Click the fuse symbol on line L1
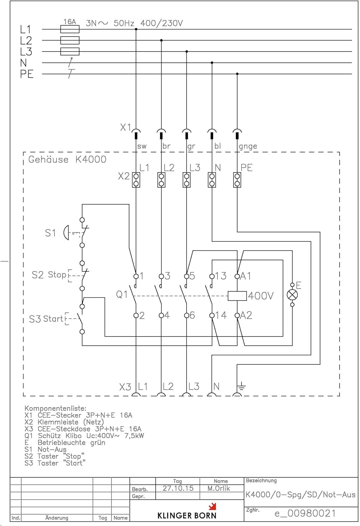(x=70, y=29)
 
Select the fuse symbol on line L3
(x=70, y=52)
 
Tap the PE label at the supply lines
(x=27, y=74)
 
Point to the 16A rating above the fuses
(x=69, y=22)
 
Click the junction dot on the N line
(x=212, y=63)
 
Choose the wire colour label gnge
(x=248, y=146)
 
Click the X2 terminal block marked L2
(x=161, y=180)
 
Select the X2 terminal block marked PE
(x=237, y=180)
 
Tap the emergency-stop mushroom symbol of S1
(x=66, y=232)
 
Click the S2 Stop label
(x=49, y=275)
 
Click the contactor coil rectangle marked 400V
(x=237, y=296)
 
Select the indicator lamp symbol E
(x=292, y=295)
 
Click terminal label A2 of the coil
(x=246, y=315)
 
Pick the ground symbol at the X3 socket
(x=241, y=387)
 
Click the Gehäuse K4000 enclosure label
(x=67, y=160)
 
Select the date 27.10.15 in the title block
(x=178, y=488)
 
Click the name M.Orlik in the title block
(x=219, y=488)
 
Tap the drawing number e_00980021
(x=305, y=513)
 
